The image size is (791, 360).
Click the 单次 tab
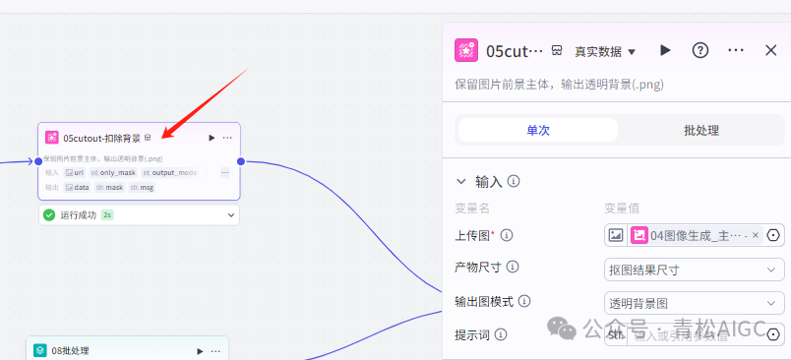pos(537,130)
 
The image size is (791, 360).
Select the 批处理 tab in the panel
pos(700,130)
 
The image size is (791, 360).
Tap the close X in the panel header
pos(771,50)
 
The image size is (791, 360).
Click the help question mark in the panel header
pos(700,50)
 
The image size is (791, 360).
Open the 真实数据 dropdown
pos(605,51)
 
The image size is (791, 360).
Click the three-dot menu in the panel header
pos(736,50)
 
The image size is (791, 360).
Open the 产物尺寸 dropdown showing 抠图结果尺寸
pos(694,269)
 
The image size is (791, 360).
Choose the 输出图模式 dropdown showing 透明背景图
pos(694,302)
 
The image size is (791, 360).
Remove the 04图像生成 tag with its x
pos(756,235)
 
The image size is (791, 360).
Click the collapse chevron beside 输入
pos(461,182)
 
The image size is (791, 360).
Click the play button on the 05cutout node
pos(212,138)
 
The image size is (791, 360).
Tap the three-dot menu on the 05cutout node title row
pos(227,138)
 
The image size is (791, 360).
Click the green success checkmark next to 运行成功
pos(49,214)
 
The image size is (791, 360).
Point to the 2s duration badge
pos(107,214)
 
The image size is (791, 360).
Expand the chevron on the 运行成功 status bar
pos(231,214)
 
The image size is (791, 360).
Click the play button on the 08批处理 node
pos(201,350)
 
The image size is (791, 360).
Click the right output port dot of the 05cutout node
pos(241,160)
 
